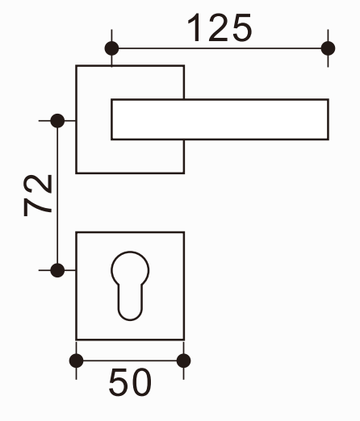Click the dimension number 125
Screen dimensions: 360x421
tap(220, 27)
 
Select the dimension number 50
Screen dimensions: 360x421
tap(130, 382)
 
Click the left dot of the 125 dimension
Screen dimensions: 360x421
tap(111, 48)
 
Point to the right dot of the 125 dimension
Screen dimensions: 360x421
tap(328, 48)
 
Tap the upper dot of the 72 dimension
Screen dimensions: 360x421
tap(57, 121)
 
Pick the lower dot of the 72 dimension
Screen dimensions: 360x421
tap(57, 270)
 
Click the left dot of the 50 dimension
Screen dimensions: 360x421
tap(77, 361)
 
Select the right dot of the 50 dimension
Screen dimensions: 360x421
tap(184, 361)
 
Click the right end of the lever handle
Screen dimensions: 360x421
tap(329, 119)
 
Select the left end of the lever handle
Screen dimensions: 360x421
tap(111, 119)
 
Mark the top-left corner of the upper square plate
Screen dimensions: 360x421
tap(77, 65)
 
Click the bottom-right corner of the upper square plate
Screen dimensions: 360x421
tap(184, 173)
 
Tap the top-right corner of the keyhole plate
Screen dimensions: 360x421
tap(184, 232)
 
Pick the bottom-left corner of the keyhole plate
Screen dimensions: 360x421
tap(77, 340)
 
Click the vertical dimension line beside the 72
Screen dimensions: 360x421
tap(57, 195)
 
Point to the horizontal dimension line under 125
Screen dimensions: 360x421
tap(220, 48)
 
